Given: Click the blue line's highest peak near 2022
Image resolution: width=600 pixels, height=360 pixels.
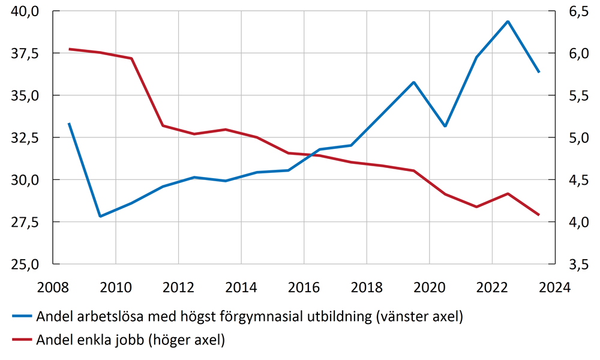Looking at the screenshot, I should (508, 22).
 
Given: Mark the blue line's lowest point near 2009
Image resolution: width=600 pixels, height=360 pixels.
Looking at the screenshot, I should (100, 216).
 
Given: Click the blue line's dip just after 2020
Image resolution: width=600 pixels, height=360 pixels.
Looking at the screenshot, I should (445, 126).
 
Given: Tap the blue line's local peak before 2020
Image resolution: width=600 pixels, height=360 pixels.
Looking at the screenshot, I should (413, 82).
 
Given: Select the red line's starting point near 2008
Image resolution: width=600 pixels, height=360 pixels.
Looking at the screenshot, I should (69, 49).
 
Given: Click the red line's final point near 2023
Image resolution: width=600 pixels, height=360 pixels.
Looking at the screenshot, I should (539, 215).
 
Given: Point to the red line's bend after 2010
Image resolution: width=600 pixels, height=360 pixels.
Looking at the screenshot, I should (131, 58).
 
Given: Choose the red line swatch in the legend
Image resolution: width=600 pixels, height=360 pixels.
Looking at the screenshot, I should (22, 340).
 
